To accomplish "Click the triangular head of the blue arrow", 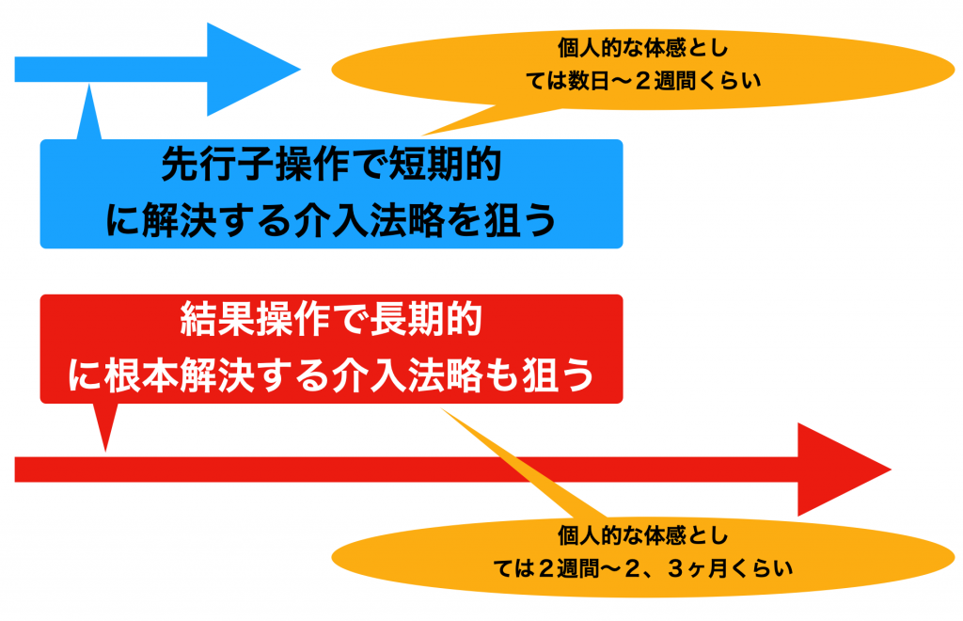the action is pos(245,70).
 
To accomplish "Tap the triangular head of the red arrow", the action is pos(836,470).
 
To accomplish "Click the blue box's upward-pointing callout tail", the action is pos(89,114).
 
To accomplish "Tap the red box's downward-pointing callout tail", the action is pos(105,425).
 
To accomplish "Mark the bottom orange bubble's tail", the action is pos(522,464).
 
